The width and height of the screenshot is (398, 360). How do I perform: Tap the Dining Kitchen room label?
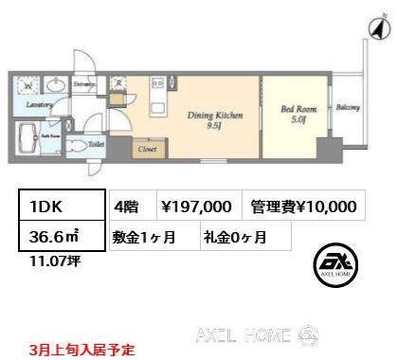tap(214, 115)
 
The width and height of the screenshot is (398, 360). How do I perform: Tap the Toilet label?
tap(96, 145)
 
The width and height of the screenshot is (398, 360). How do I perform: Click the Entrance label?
tap(83, 86)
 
